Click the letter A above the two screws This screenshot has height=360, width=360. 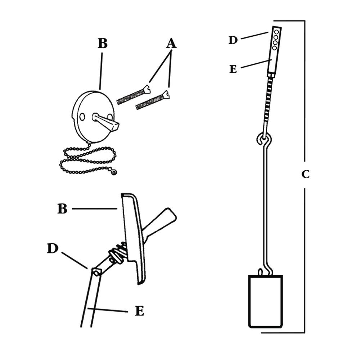point(171,44)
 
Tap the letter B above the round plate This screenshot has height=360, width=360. point(102,43)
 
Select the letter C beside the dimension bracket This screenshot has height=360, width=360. point(305,174)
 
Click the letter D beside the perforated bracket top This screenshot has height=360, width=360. point(233,40)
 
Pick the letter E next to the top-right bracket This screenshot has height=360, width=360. point(233,69)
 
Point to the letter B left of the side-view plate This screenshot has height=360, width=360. point(62,209)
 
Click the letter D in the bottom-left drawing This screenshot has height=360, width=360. point(53,248)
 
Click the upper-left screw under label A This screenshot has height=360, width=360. point(134,95)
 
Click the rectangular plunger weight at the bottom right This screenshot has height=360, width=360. point(265,302)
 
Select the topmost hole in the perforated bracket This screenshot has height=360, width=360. point(276,32)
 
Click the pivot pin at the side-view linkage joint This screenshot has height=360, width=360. point(96,272)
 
